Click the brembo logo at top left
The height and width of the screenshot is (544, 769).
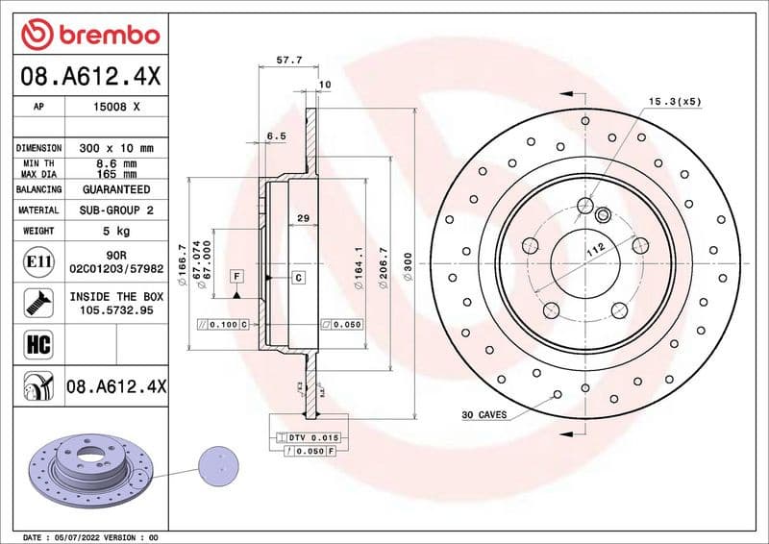pyautogui.click(x=89, y=35)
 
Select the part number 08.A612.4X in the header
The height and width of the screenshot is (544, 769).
pyautogui.click(x=89, y=76)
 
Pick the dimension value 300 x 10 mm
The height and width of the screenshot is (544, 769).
pyautogui.click(x=116, y=149)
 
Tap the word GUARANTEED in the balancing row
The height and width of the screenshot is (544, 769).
pyautogui.click(x=116, y=190)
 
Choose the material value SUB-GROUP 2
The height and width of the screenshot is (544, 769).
pyautogui.click(x=116, y=210)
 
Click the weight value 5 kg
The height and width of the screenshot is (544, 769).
pyautogui.click(x=116, y=232)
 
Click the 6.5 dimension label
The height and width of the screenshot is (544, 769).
pyautogui.click(x=276, y=136)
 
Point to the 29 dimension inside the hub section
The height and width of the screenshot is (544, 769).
pyautogui.click(x=303, y=219)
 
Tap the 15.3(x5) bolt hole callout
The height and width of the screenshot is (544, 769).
pyautogui.click(x=675, y=101)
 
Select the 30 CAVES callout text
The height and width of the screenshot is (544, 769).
pyautogui.click(x=484, y=415)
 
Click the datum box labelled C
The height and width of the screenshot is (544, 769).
pyautogui.click(x=298, y=278)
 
